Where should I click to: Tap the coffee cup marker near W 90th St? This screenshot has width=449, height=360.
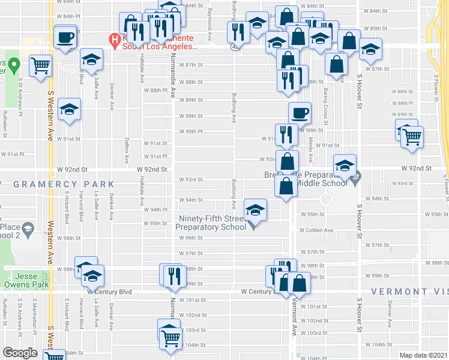pos(299,112)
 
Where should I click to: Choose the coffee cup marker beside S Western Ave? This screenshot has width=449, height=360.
pos(66,37)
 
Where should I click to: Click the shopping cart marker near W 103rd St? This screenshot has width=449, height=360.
pos(171,337)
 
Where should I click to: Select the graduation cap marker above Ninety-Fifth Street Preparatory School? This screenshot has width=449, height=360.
pos(255,210)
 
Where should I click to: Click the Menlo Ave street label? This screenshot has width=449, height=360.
pos(310,150)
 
